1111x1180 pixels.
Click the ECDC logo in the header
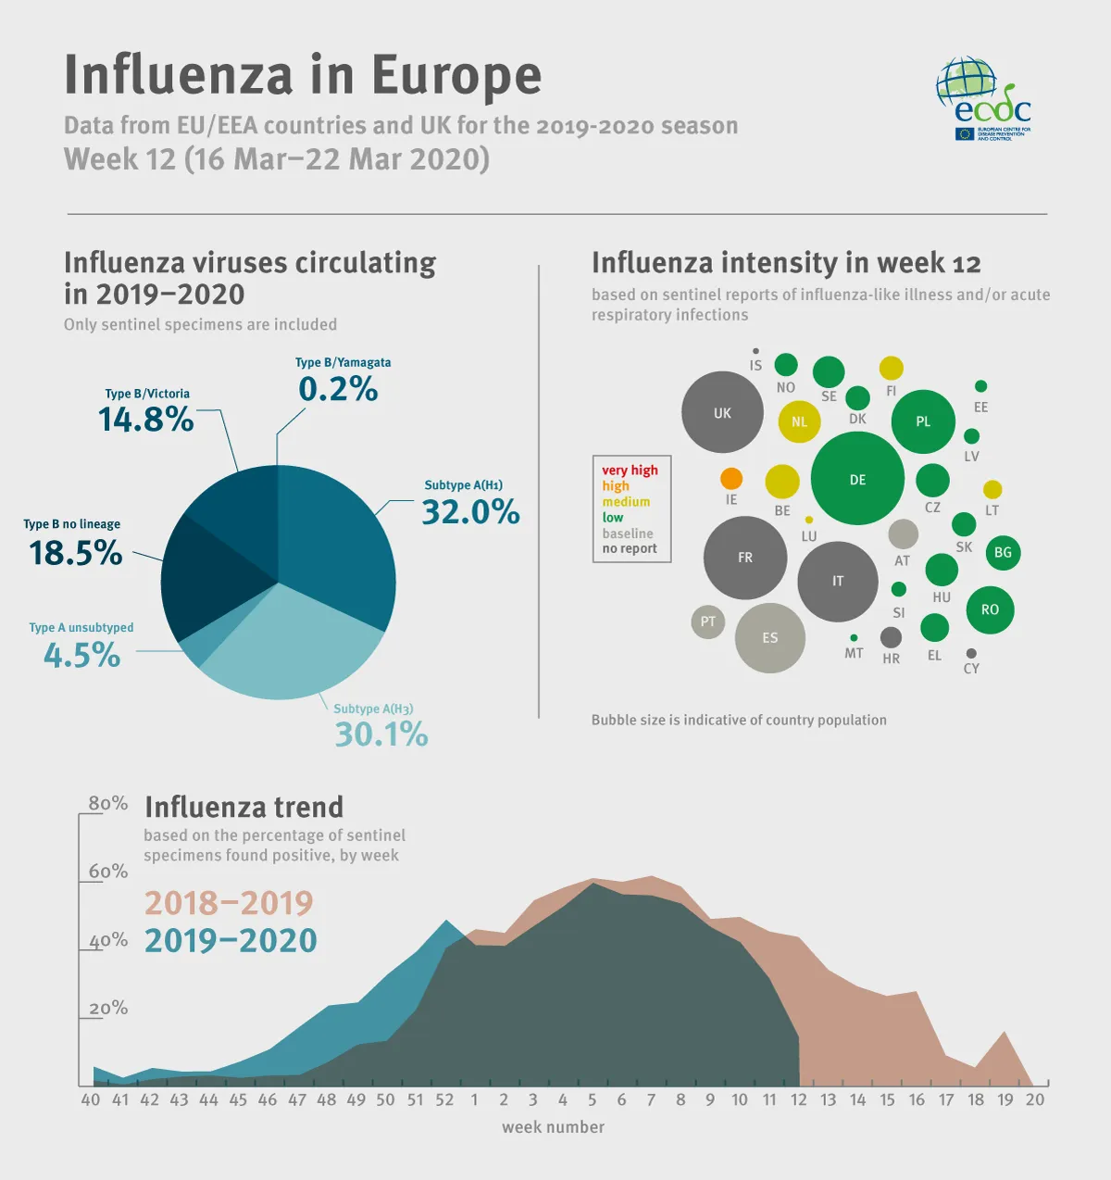(x=983, y=99)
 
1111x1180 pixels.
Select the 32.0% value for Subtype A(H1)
(x=470, y=512)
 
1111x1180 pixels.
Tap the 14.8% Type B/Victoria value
(x=146, y=420)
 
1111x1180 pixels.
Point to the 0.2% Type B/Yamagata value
(x=338, y=389)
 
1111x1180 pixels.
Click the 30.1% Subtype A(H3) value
(x=381, y=734)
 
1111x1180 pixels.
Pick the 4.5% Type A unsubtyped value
(x=81, y=656)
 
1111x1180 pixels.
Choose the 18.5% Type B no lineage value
(x=76, y=553)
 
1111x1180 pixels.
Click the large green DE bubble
(x=857, y=479)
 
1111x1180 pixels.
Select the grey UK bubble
(x=722, y=413)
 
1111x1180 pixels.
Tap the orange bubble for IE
(x=731, y=479)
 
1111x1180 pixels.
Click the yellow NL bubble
(x=799, y=422)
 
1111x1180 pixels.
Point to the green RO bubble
(x=990, y=609)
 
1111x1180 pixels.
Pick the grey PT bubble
(x=708, y=621)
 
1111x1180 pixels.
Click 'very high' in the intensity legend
(x=630, y=471)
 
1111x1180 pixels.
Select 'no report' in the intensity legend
(x=630, y=548)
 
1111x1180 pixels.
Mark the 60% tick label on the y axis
(x=108, y=872)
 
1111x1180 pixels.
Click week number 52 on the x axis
(x=444, y=1099)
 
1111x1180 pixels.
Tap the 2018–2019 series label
(x=229, y=902)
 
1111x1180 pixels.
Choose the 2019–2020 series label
(x=231, y=940)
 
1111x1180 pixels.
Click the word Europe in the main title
(x=456, y=75)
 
